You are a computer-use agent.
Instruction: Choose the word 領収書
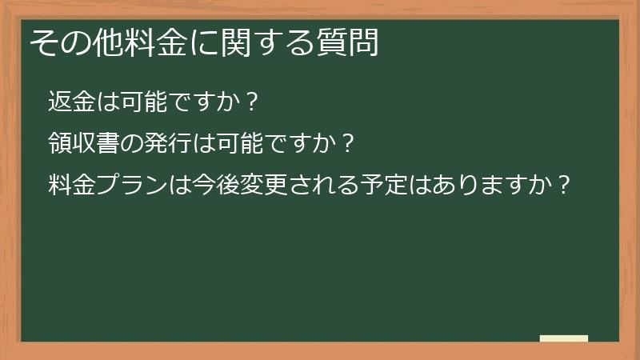tap(80, 144)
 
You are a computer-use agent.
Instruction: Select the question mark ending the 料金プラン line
tap(566, 186)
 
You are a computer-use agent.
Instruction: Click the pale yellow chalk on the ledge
tap(563, 338)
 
